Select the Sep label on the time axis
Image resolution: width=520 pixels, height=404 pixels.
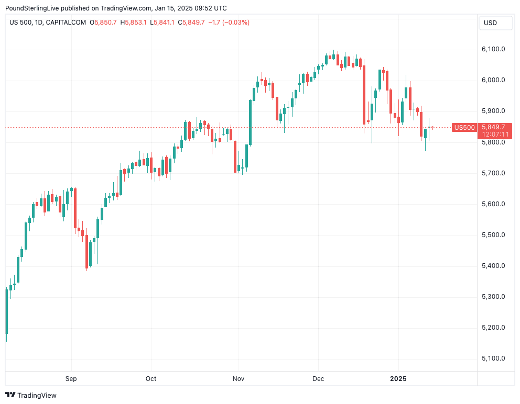click(x=71, y=378)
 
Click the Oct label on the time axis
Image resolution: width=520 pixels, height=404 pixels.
click(x=151, y=378)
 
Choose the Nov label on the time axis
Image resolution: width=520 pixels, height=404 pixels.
click(x=239, y=378)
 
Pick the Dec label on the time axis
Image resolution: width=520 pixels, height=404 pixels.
click(x=318, y=378)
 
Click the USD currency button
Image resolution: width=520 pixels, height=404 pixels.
click(x=491, y=23)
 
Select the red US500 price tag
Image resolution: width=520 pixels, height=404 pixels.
click(x=464, y=127)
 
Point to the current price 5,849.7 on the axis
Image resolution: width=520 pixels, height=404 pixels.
click(x=493, y=127)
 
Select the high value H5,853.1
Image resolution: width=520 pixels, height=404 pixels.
click(x=134, y=23)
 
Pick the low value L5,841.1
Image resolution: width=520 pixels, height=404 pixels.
click(x=162, y=23)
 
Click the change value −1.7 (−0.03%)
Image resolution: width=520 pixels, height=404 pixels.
click(x=229, y=23)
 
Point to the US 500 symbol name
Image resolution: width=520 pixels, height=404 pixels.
click(x=21, y=23)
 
